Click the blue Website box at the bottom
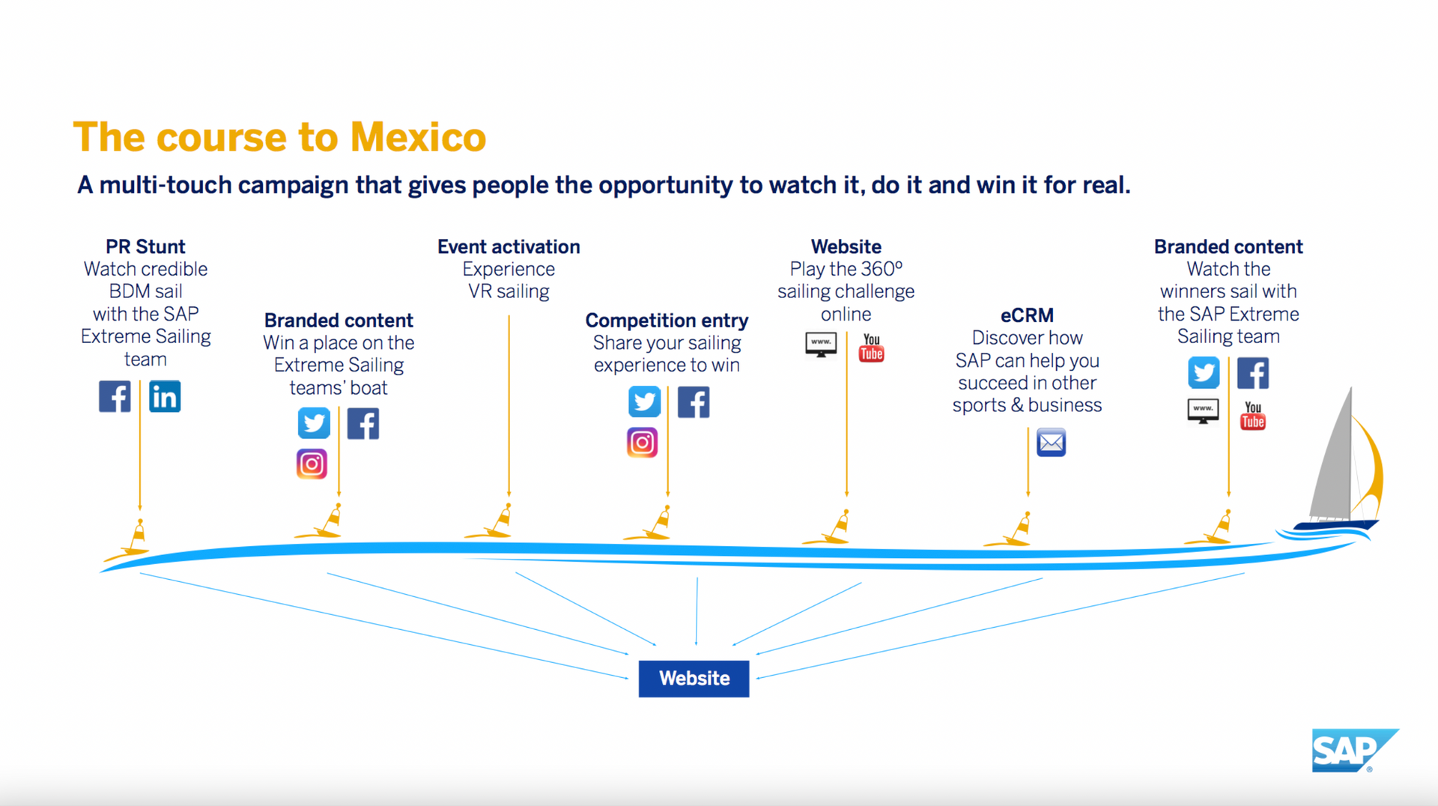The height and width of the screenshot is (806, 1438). point(694,679)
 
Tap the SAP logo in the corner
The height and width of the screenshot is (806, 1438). point(1353,750)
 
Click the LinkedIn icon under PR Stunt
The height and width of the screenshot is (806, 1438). point(165,396)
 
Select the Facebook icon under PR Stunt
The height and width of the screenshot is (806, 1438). point(115,396)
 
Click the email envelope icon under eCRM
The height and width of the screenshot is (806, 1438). point(1051,443)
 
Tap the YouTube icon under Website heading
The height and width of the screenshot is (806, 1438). point(871,348)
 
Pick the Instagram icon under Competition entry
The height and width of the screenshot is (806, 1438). point(642,443)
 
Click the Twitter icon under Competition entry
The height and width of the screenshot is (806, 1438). point(644,402)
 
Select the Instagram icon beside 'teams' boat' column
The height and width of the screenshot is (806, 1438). point(312,464)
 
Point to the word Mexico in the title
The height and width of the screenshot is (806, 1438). point(418,138)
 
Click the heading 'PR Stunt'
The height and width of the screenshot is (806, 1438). point(145,246)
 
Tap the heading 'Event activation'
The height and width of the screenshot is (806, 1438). point(509,246)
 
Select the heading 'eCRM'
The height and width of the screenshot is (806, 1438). point(1027,315)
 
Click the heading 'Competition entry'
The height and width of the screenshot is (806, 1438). point(667,321)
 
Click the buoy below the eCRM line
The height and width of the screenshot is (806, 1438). point(1018,529)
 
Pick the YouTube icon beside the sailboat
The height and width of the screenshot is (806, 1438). point(1252,416)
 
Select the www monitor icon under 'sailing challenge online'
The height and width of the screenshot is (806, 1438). point(821,345)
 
